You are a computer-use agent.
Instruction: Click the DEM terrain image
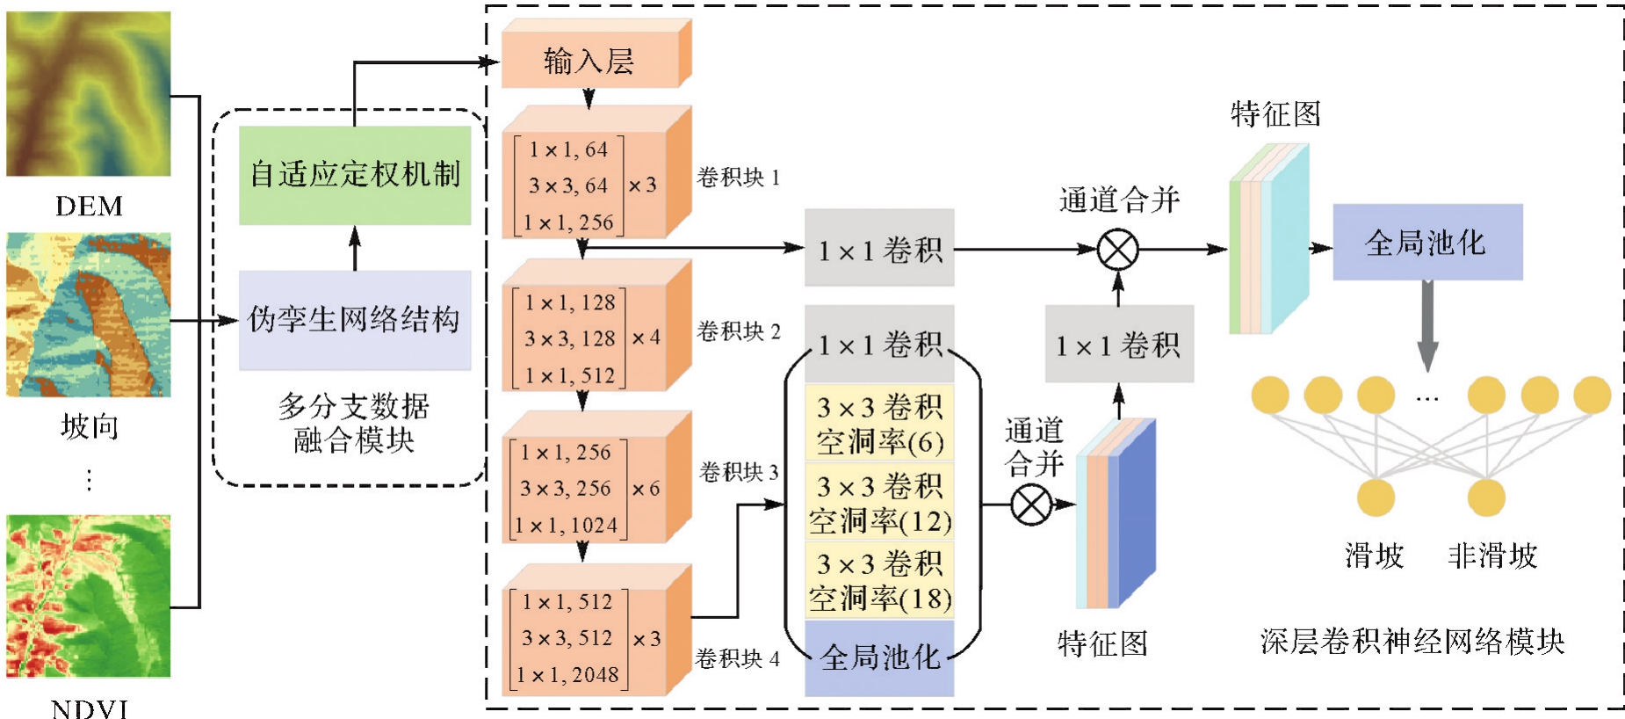(88, 93)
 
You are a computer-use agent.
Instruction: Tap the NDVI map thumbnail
(88, 596)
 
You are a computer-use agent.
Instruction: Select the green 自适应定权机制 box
(355, 175)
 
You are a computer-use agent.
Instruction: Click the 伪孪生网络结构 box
(355, 320)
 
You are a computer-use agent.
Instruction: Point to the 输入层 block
(589, 62)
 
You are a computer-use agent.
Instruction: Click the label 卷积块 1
(738, 178)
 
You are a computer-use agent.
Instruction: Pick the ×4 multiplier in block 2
(646, 338)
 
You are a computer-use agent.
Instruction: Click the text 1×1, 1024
(567, 526)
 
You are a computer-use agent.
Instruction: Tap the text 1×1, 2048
(567, 675)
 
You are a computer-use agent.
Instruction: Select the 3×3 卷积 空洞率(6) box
(879, 424)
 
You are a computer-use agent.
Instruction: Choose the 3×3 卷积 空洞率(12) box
(879, 503)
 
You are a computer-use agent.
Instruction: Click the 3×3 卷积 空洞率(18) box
(879, 580)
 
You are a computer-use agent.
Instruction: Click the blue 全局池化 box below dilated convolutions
(879, 657)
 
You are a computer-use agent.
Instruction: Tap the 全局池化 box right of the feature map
(1426, 243)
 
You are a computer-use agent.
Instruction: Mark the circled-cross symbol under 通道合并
(1118, 250)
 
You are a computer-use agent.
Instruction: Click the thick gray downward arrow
(1427, 325)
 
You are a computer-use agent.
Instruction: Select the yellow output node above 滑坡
(1376, 497)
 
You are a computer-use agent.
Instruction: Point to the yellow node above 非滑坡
(1486, 497)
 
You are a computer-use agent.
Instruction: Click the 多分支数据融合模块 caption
(354, 423)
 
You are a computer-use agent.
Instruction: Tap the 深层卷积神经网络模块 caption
(1412, 642)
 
